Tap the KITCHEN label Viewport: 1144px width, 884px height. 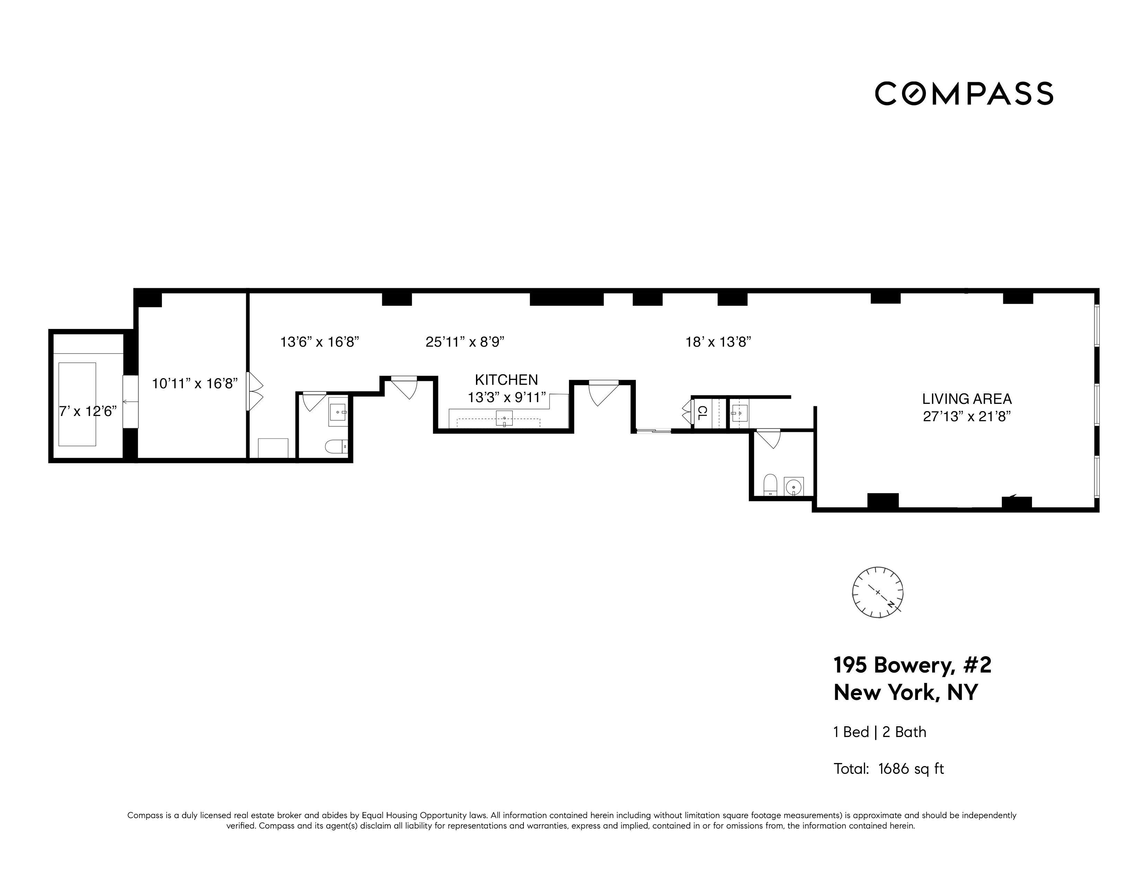tap(506, 380)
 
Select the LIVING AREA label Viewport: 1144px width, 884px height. tap(967, 399)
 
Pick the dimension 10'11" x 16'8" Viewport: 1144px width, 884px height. tap(195, 384)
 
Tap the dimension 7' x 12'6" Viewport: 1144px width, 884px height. tap(87, 411)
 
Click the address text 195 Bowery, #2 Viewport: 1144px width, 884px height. tap(912, 666)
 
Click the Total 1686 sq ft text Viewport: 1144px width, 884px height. tap(889, 769)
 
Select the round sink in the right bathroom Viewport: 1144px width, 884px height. tap(794, 486)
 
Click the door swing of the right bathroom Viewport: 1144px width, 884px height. tap(769, 439)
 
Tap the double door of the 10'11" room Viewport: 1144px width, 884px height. tap(255, 392)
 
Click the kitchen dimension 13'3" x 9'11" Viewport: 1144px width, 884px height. tap(506, 398)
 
